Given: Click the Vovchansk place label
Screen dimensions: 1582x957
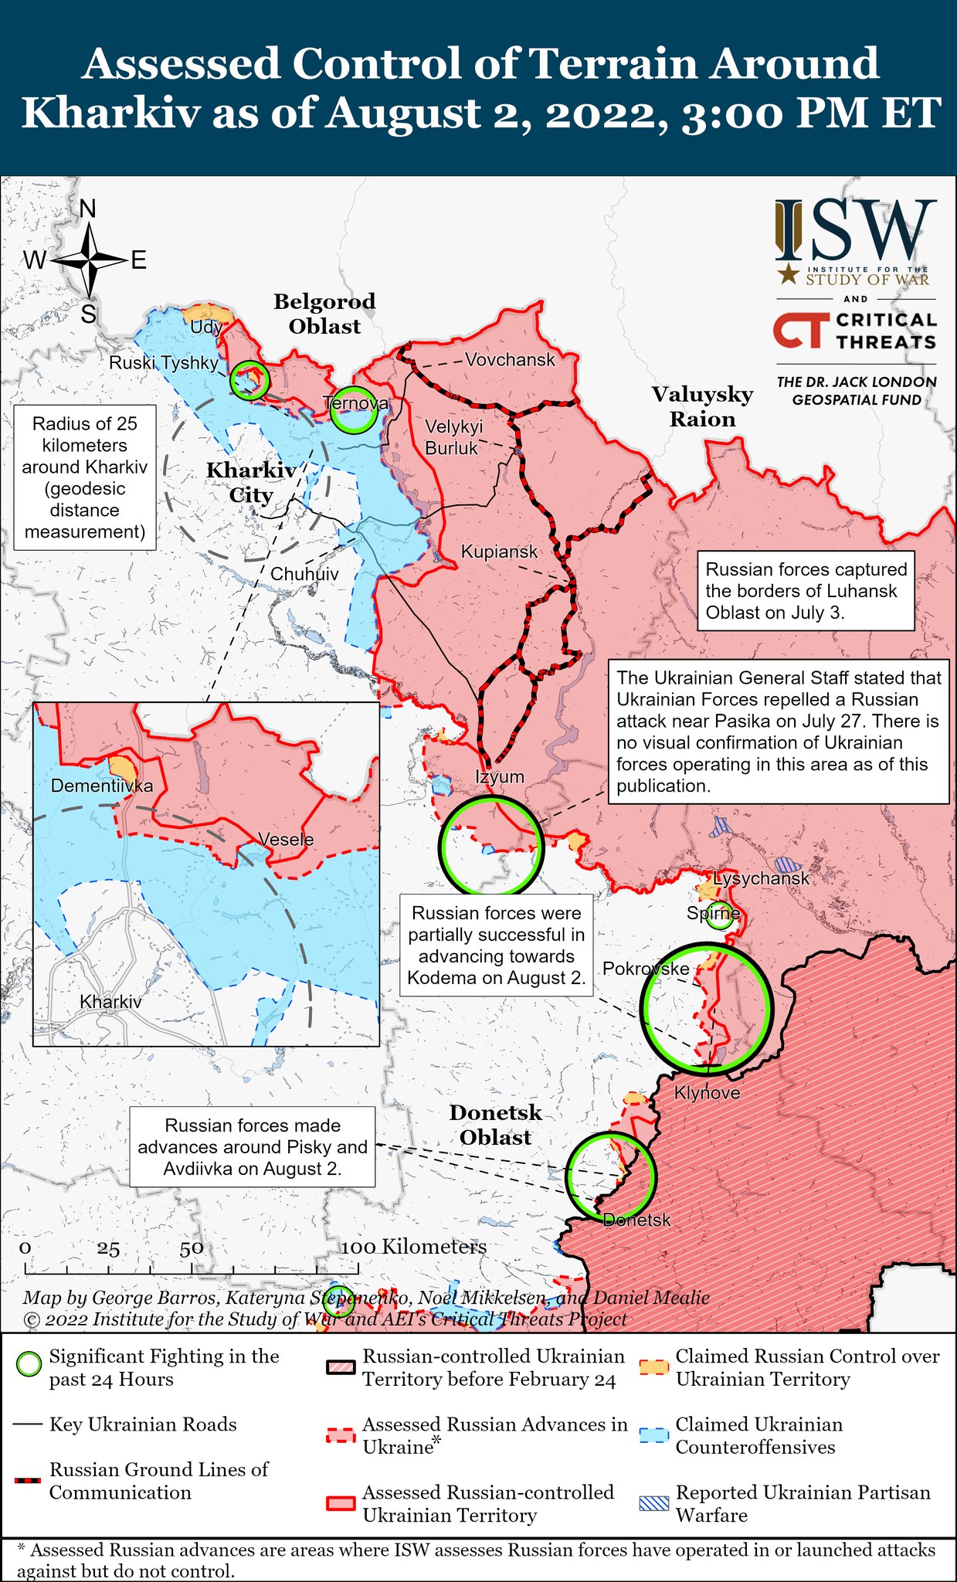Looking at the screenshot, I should pyautogui.click(x=510, y=359).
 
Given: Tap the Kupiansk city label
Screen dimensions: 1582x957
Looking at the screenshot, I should pyautogui.click(x=499, y=552).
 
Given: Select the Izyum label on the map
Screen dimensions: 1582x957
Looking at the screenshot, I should pyautogui.click(x=500, y=776).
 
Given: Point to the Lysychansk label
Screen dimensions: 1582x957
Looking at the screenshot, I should pyautogui.click(x=761, y=878).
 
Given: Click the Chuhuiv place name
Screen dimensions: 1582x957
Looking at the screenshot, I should pyautogui.click(x=304, y=574).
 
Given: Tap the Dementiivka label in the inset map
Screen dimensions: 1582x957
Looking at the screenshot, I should pyautogui.click(x=101, y=786).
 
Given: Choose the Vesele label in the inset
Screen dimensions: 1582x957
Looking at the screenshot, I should pyautogui.click(x=286, y=840).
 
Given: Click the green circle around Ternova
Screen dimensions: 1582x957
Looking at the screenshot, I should pyautogui.click(x=354, y=410).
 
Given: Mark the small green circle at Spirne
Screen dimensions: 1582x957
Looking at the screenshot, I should pyautogui.click(x=719, y=915).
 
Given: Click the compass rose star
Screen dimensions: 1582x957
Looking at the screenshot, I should pyautogui.click(x=90, y=260).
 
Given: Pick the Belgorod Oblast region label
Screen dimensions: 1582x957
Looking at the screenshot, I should pyautogui.click(x=324, y=314).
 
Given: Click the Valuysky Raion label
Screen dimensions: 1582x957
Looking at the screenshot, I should pyautogui.click(x=702, y=406).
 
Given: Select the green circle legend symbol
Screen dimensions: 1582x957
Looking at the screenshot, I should pyautogui.click(x=29, y=1364).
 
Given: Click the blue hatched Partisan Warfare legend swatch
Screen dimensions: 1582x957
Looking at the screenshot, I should pyautogui.click(x=653, y=1503).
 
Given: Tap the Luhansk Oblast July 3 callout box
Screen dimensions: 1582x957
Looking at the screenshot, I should pyautogui.click(x=806, y=591).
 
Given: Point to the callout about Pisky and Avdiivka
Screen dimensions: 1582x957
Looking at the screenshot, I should pyautogui.click(x=252, y=1147).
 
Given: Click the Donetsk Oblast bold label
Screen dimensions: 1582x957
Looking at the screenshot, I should pyautogui.click(x=495, y=1125).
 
